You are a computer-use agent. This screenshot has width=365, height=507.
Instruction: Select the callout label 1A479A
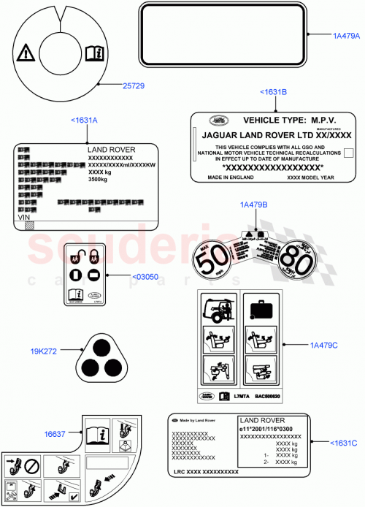click(x=346, y=35)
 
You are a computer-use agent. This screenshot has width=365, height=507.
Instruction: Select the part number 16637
click(x=56, y=433)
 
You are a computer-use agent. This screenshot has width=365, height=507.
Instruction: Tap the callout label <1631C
click(x=342, y=442)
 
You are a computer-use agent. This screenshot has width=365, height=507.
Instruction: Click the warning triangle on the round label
click(x=26, y=52)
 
